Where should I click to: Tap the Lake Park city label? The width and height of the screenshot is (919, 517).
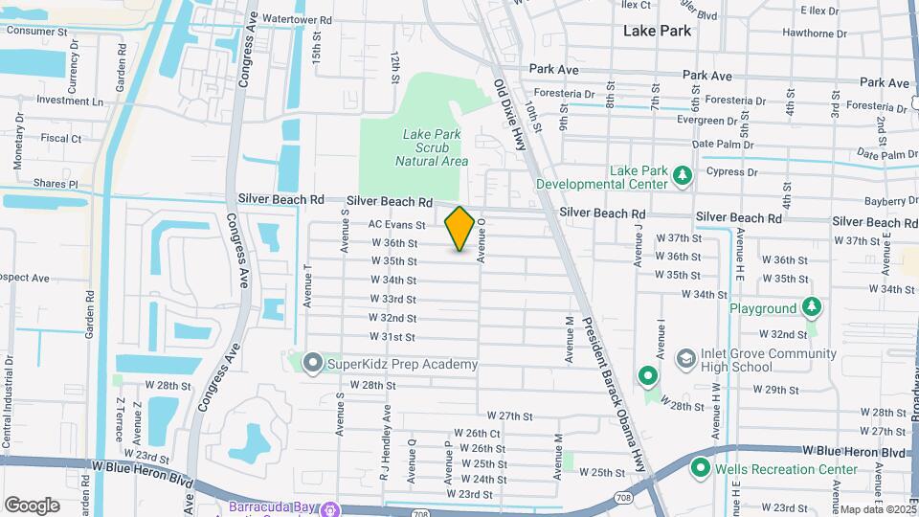pos(657,31)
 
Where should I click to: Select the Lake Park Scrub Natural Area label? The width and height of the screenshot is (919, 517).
pos(432,147)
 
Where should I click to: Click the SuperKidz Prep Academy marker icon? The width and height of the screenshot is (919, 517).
pos(312,364)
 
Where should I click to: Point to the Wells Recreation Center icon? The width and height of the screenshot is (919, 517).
pos(700,469)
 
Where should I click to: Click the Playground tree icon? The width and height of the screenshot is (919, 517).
pos(812,308)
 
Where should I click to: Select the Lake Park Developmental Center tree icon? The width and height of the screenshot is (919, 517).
pos(682,175)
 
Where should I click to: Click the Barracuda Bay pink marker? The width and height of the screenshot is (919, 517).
pos(330,507)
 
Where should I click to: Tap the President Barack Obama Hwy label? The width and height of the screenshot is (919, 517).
pos(614,388)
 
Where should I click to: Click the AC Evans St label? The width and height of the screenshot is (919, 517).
pos(396,224)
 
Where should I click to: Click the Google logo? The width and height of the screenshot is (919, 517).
pos(32,505)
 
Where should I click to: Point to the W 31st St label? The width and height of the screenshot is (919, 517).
pos(392,337)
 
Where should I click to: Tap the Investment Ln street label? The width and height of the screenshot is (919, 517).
pos(70,101)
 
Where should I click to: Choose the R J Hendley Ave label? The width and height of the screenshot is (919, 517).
pos(385,442)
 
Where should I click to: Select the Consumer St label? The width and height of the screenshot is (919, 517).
pos(37,31)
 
